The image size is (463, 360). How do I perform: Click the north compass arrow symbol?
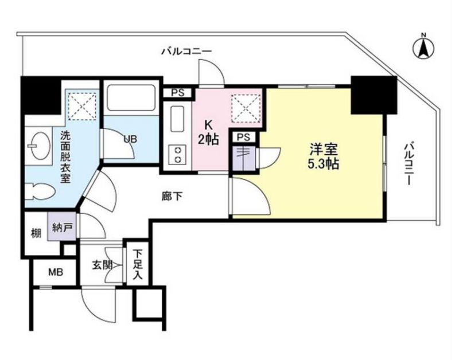pos(423,48)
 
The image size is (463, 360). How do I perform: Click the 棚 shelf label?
pos(36,233)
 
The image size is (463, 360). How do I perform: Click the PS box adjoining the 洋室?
pos(243,138)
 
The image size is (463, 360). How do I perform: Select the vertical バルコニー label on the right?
pos(408,163)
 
